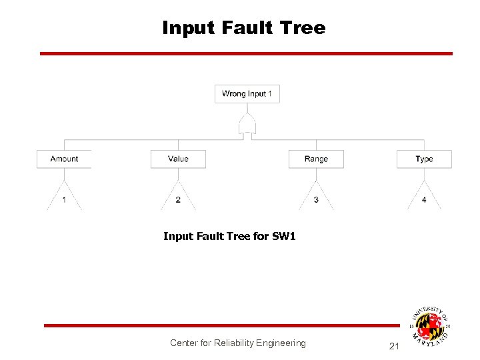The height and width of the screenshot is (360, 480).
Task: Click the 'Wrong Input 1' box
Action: (x=247, y=94)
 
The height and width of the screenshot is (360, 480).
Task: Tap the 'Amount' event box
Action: (x=64, y=159)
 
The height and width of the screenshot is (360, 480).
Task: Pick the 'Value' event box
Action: (x=178, y=159)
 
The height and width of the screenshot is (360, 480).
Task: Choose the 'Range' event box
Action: (x=316, y=159)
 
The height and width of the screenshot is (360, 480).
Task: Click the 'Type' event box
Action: (x=424, y=159)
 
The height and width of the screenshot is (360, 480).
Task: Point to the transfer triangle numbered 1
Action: (x=64, y=198)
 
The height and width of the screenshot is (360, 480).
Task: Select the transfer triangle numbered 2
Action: (x=178, y=198)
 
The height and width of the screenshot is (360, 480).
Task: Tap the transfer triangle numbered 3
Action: (x=316, y=198)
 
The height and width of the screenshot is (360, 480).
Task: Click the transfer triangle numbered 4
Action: (x=424, y=198)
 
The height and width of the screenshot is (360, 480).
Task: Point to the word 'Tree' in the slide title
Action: (x=303, y=28)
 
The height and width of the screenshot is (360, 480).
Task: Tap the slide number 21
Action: (x=393, y=346)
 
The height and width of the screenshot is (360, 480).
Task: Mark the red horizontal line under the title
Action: (x=246, y=53)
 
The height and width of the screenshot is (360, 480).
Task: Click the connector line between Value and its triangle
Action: (x=178, y=173)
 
